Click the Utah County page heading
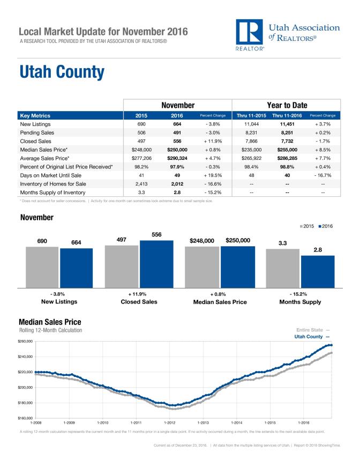(x=62, y=72)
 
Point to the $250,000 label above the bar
(x=238, y=241)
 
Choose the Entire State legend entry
(x=314, y=329)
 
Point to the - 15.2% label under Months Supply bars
(x=300, y=294)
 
